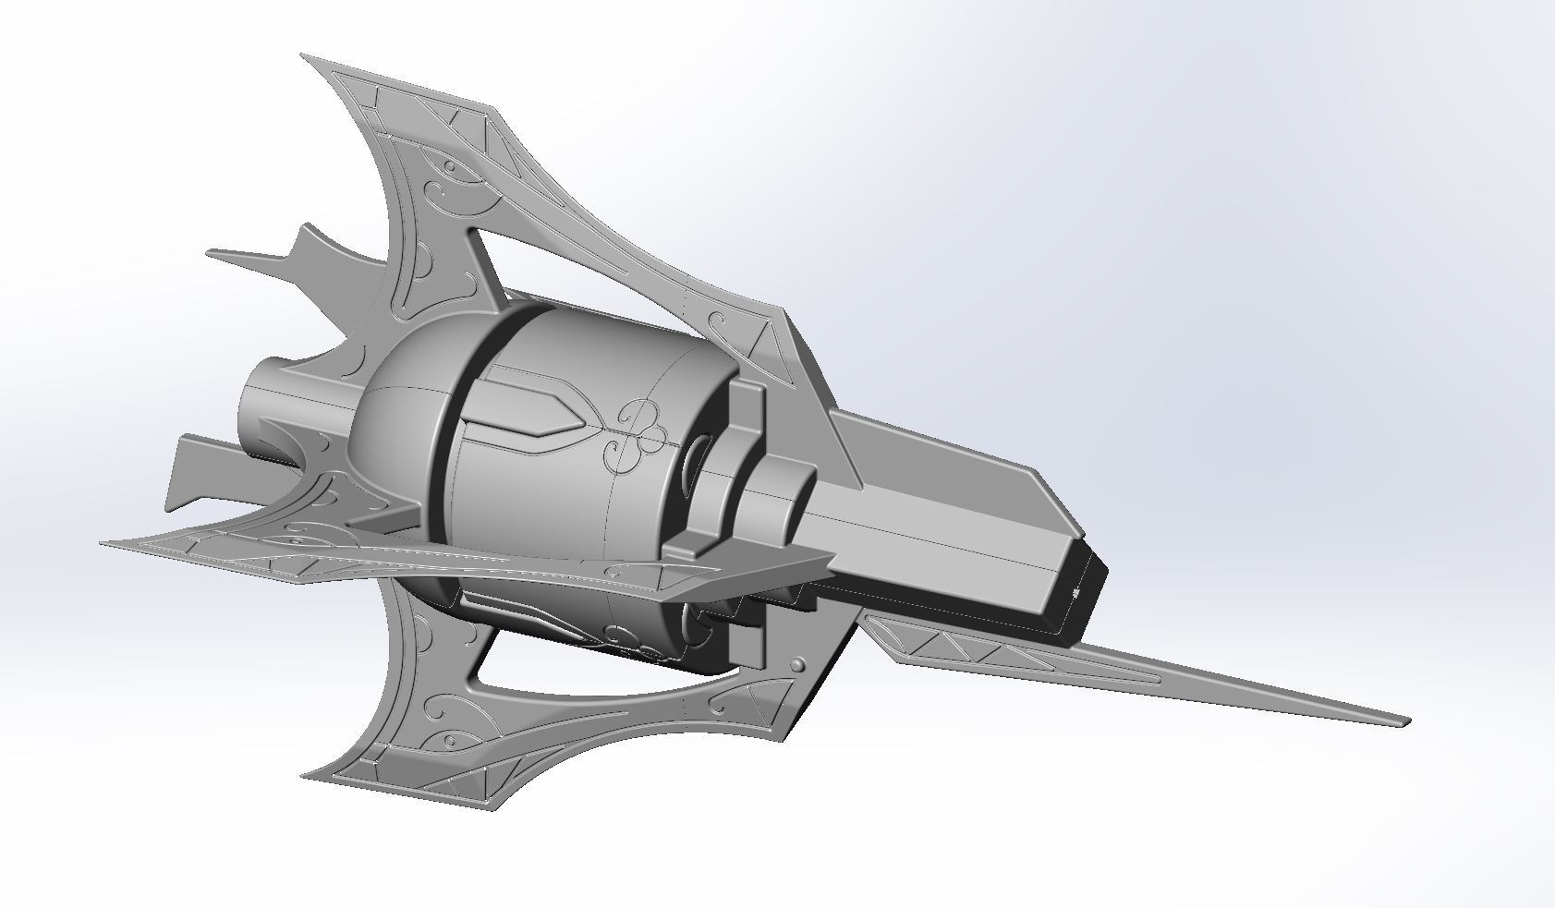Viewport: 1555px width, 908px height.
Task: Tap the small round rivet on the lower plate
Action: [797, 665]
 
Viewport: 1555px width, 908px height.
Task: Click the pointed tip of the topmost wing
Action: [303, 56]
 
